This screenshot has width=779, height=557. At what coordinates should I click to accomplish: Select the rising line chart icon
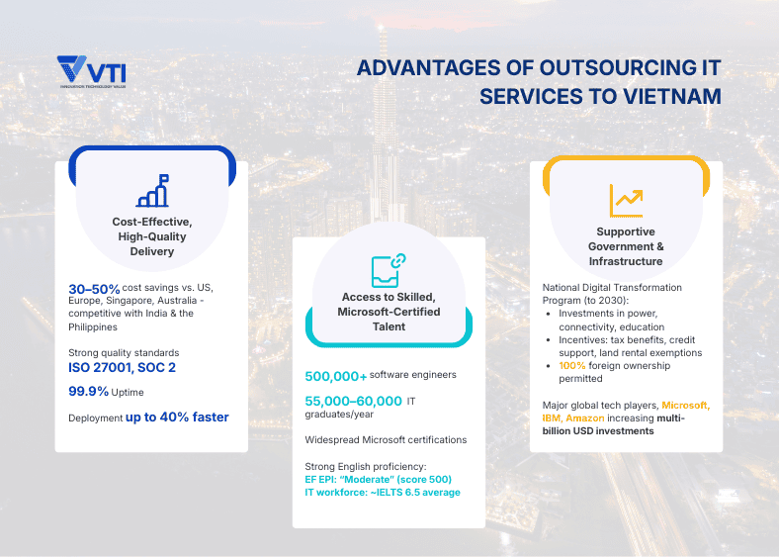(x=626, y=200)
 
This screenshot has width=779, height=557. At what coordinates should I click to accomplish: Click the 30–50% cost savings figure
(x=94, y=288)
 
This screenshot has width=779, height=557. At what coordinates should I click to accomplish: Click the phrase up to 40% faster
(x=177, y=418)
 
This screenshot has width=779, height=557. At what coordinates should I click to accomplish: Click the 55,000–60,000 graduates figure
(x=353, y=401)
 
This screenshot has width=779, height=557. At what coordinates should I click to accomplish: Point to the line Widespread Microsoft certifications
(x=386, y=439)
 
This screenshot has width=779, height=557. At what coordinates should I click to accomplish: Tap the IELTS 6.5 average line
(x=383, y=492)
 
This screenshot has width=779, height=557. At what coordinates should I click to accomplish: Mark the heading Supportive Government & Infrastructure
(x=626, y=246)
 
